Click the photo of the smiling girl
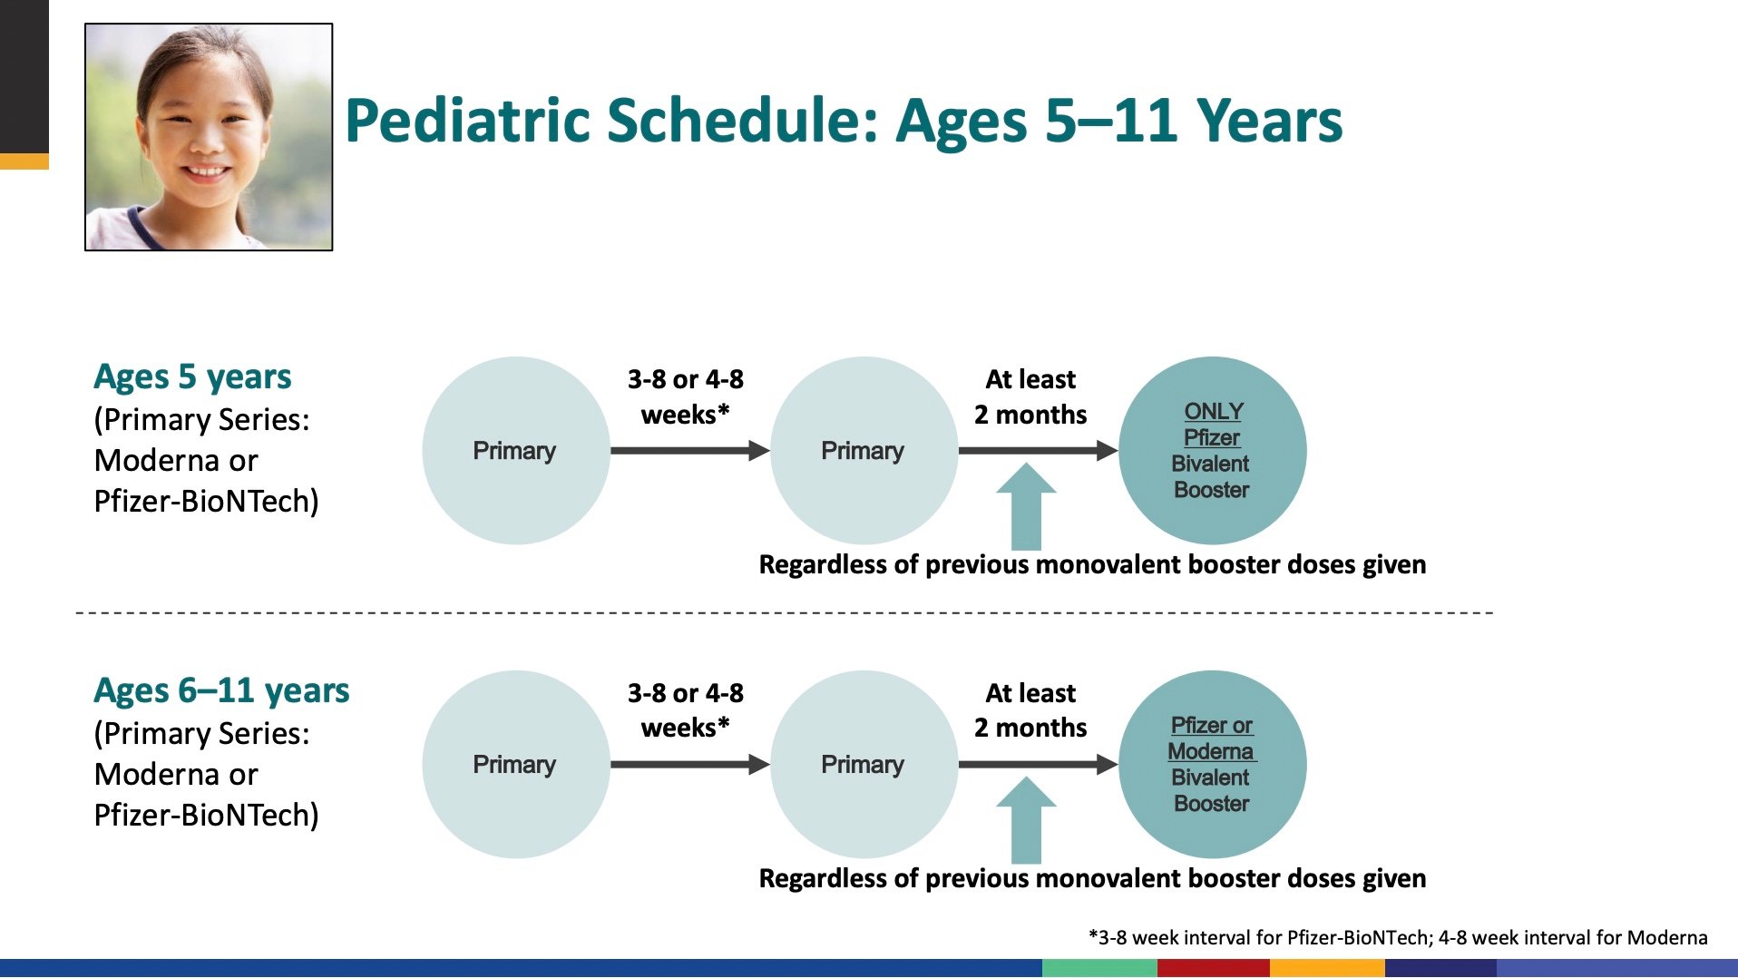(x=209, y=137)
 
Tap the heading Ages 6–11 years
(x=221, y=691)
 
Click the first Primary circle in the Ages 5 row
(x=516, y=451)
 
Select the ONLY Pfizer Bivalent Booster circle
(x=1213, y=451)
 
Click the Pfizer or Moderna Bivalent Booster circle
(x=1213, y=765)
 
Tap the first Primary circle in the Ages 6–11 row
(x=516, y=765)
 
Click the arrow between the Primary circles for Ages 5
(x=690, y=451)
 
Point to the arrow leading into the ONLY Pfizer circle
(x=1039, y=451)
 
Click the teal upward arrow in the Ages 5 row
(x=1026, y=506)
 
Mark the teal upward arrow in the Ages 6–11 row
(x=1026, y=820)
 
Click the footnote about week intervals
(x=1398, y=938)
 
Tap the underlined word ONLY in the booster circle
(x=1214, y=412)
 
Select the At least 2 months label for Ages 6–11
(x=1030, y=710)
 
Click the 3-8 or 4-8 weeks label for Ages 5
(x=686, y=396)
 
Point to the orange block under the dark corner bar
(x=24, y=161)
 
